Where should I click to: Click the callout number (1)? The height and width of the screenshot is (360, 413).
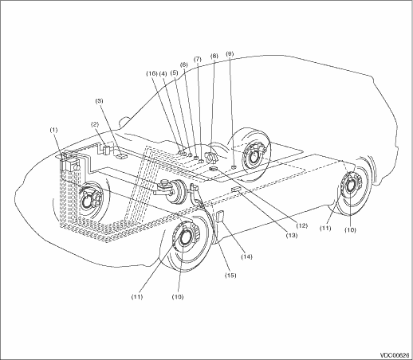[53, 130]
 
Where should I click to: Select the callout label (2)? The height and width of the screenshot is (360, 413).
[94, 124]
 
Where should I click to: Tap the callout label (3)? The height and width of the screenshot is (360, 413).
[100, 101]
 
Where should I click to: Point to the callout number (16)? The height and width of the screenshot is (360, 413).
[151, 74]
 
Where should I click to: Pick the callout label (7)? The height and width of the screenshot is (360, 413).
[198, 59]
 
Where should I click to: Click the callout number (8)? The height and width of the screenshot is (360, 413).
[214, 56]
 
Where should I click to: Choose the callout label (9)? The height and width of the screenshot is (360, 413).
[230, 54]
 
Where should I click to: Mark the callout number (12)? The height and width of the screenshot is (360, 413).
[302, 226]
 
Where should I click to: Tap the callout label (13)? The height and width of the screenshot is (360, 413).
[292, 235]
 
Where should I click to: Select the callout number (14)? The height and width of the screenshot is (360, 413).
[247, 256]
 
